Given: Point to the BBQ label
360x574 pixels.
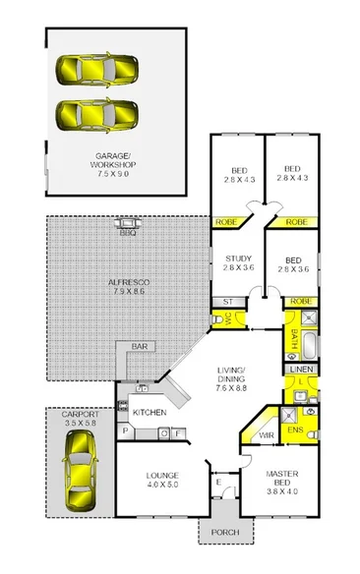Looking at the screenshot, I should coord(127,233).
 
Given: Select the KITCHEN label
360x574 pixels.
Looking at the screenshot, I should coord(148,413).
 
